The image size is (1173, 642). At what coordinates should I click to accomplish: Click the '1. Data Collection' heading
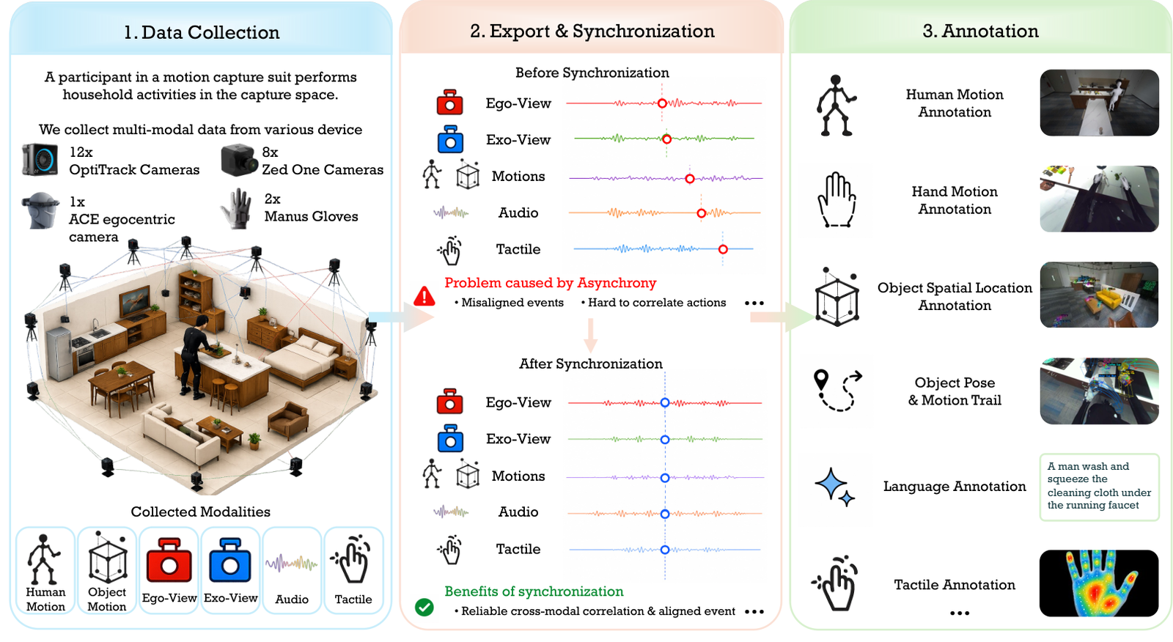pyautogui.click(x=202, y=32)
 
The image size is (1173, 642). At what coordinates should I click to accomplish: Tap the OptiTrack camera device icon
pyautogui.click(x=40, y=160)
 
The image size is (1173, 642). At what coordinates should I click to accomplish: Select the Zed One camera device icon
pyautogui.click(x=240, y=160)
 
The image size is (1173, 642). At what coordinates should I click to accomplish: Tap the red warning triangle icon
pyautogui.click(x=424, y=296)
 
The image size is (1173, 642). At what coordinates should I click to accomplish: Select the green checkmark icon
pyautogui.click(x=424, y=607)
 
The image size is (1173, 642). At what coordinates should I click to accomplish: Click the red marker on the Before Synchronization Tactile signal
pyautogui.click(x=723, y=249)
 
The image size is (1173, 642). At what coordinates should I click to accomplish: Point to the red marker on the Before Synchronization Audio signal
pyautogui.click(x=701, y=213)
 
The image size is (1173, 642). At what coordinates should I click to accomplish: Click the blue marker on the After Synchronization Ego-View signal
pyautogui.click(x=664, y=402)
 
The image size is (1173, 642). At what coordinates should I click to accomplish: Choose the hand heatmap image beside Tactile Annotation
pyautogui.click(x=1099, y=583)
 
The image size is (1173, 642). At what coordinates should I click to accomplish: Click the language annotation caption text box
pyautogui.click(x=1099, y=487)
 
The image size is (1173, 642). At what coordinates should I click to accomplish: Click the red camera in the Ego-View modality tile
pyautogui.click(x=169, y=561)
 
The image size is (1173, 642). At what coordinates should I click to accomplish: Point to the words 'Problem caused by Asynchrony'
pyautogui.click(x=550, y=283)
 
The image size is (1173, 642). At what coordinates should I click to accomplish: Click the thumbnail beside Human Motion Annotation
pyautogui.click(x=1099, y=103)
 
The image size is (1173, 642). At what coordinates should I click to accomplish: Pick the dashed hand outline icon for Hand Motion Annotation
pyautogui.click(x=836, y=200)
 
